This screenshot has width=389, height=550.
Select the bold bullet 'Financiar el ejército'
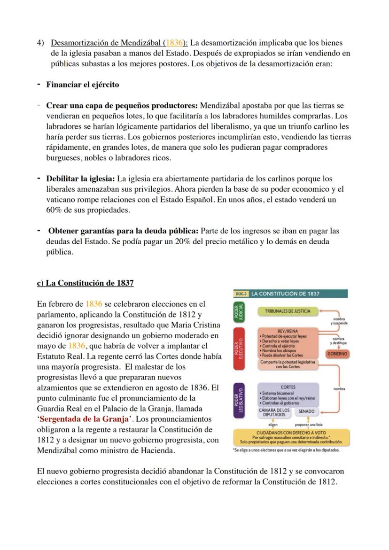[82, 85]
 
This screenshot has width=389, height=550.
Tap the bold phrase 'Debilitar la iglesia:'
[80, 179]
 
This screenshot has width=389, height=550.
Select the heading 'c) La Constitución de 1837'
[85, 283]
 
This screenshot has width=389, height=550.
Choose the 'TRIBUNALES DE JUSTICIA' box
[287, 311]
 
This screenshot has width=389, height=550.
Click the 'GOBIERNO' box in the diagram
[337, 353]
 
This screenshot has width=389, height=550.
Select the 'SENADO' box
[306, 411]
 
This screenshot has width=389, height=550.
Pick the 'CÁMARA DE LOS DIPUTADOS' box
[274, 412]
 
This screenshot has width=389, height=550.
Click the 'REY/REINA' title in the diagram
[288, 331]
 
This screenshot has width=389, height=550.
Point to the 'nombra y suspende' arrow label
[338, 321]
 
